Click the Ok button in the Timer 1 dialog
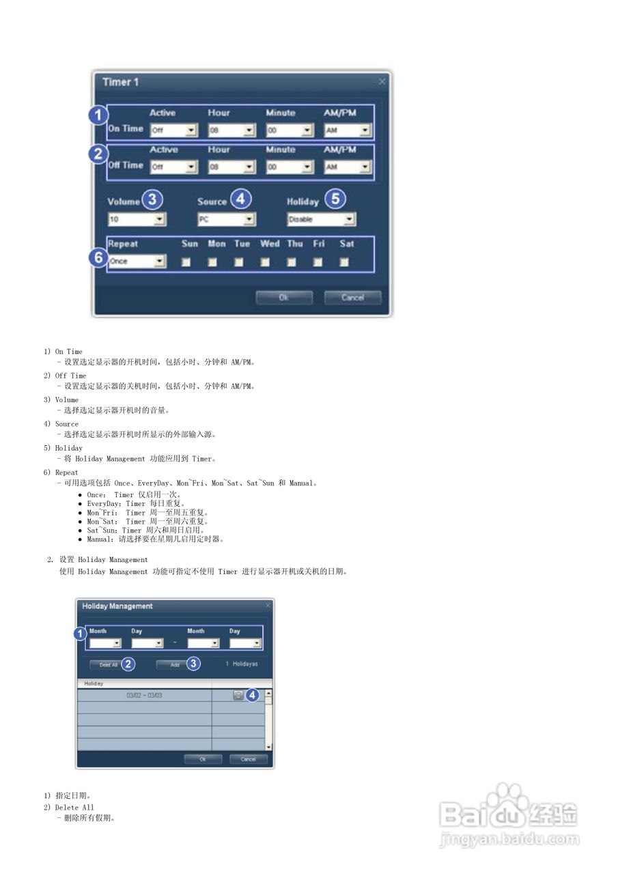click(x=284, y=298)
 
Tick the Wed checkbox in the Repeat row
click(x=265, y=262)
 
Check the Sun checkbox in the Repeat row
click(x=186, y=262)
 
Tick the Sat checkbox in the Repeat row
click(x=344, y=262)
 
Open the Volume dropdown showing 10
click(x=137, y=219)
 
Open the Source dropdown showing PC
click(x=226, y=219)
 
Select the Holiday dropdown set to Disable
click(x=321, y=219)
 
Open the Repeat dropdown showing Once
click(x=137, y=261)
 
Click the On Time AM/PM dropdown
click(x=347, y=130)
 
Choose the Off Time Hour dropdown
click(x=231, y=167)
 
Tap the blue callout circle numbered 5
click(x=335, y=199)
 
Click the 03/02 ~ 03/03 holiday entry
click(x=144, y=695)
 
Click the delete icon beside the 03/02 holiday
click(x=238, y=695)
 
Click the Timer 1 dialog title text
click(x=121, y=82)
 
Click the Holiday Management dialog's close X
click(x=268, y=605)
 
